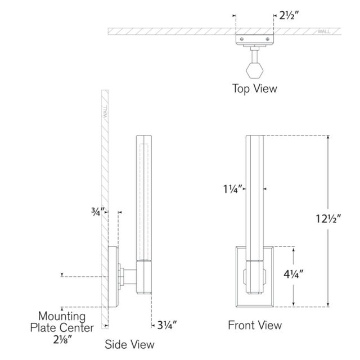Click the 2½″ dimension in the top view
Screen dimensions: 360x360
click(x=289, y=16)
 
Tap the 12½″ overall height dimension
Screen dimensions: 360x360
click(x=328, y=219)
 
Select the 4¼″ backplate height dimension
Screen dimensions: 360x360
click(x=294, y=274)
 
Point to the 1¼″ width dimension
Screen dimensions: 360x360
click(x=233, y=189)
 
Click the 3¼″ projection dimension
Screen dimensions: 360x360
click(x=167, y=325)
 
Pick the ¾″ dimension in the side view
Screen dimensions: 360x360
click(x=98, y=211)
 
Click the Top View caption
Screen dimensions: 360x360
click(x=255, y=89)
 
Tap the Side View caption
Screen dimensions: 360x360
click(x=129, y=344)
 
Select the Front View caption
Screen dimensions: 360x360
click(x=255, y=325)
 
